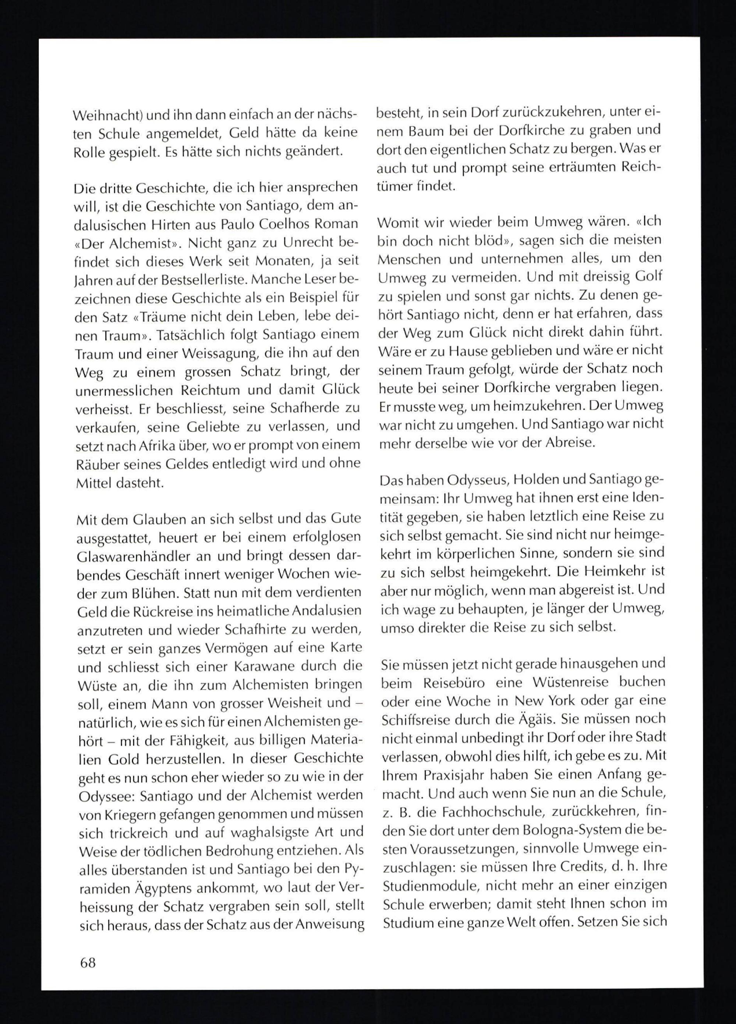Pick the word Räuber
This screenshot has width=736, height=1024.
tap(94, 464)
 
